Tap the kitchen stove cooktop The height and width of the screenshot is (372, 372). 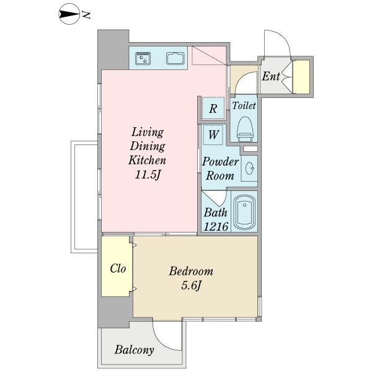click(143, 58)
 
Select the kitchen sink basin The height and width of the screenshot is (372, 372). click(175, 58)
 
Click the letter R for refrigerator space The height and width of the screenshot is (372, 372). click(213, 108)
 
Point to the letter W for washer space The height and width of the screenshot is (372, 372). click(213, 135)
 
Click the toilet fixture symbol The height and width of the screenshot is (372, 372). click(246, 129)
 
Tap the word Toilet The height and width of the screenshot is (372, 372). click(244, 105)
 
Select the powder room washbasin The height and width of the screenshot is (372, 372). click(249, 169)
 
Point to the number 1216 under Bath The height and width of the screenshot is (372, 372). click(216, 226)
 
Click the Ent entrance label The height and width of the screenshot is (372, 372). click(271, 76)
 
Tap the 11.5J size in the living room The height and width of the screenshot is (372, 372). click(148, 175)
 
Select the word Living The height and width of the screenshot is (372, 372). click(148, 133)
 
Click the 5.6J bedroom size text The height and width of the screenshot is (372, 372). click(191, 285)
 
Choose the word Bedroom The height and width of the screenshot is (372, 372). click(191, 271)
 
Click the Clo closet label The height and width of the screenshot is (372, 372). click(118, 268)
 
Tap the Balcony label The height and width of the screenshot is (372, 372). click(135, 350)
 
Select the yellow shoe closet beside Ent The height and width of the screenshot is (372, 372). click(301, 77)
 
